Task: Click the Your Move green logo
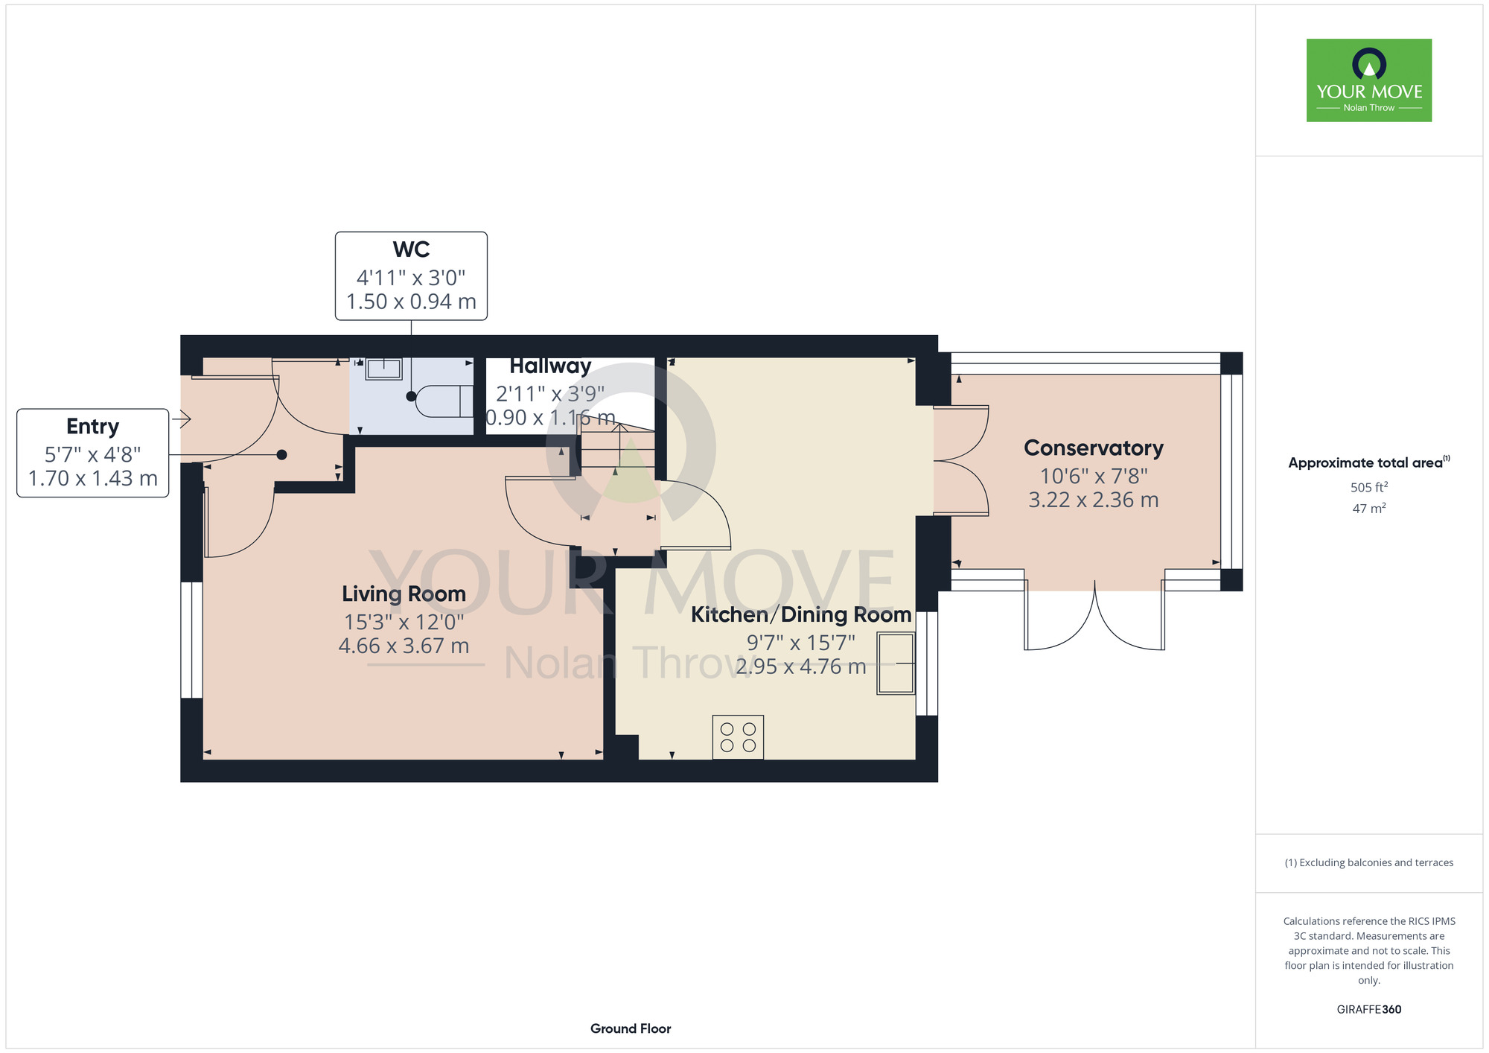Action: point(1368,80)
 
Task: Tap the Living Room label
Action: point(404,594)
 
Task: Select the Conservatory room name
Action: point(1093,448)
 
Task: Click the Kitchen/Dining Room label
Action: point(801,614)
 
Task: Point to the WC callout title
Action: point(411,249)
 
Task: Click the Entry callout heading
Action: point(92,427)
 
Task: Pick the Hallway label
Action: point(550,366)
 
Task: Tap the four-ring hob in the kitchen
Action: point(738,737)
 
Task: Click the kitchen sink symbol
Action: point(896,663)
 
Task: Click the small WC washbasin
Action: point(383,369)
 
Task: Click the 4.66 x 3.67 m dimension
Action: point(404,646)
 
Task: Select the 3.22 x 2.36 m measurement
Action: point(1093,500)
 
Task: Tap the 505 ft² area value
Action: point(1369,487)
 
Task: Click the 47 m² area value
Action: point(1369,509)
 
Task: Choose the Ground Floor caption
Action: point(631,1028)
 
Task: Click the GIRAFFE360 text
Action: point(1369,1010)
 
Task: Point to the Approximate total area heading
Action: point(1369,462)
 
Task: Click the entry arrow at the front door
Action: point(182,419)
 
